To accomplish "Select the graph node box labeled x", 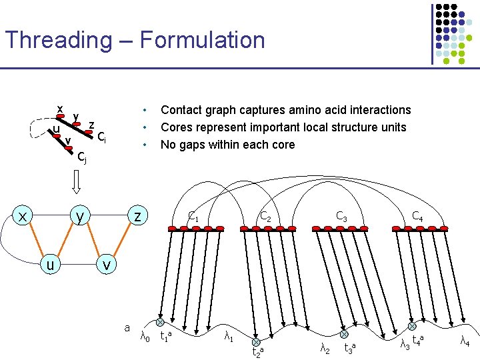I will pyautogui.click(x=23, y=216).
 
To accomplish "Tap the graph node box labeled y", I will pyautogui.click(x=79, y=216).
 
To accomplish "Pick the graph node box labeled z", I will pyautogui.click(x=137, y=216).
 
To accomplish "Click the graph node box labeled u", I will pyautogui.click(x=51, y=265).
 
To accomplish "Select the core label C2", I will pyautogui.click(x=265, y=216).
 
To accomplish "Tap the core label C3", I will pyautogui.click(x=341, y=216).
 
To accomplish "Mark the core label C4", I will pyautogui.click(x=417, y=216).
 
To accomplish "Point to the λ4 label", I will pyautogui.click(x=465, y=341).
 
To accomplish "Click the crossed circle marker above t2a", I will pyautogui.click(x=255, y=342).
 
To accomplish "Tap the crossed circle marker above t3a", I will pyautogui.click(x=344, y=335).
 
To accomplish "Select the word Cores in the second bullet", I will pyautogui.click(x=178, y=127).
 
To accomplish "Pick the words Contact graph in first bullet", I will pyautogui.click(x=198, y=110).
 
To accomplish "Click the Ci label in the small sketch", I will pyautogui.click(x=101, y=137).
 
